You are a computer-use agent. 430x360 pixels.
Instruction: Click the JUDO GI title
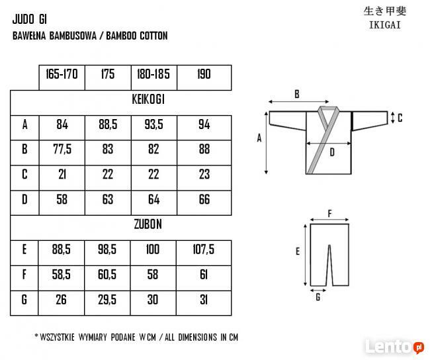[x=30, y=19]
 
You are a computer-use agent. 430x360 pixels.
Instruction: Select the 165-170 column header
[x=62, y=74]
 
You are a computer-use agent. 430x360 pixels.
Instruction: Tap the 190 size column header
[x=204, y=74]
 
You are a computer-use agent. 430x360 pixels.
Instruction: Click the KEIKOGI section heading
[x=148, y=99]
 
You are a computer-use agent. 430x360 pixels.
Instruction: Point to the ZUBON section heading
[x=148, y=224]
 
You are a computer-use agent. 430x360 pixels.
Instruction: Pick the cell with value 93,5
[x=154, y=124]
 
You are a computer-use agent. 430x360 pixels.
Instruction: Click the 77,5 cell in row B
[x=62, y=150]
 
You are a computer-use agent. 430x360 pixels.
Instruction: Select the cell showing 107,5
[x=203, y=249]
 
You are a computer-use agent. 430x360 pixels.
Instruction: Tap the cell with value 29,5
[x=107, y=299]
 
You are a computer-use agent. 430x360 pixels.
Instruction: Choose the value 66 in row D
[x=204, y=199]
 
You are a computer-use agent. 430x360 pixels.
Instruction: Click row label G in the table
[x=24, y=299]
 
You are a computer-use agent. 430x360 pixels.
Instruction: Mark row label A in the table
[x=24, y=124]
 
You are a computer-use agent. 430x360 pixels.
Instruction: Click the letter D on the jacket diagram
[x=332, y=152]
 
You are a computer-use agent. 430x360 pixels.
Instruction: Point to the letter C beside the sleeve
[x=400, y=118]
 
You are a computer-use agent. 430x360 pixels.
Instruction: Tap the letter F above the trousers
[x=330, y=214]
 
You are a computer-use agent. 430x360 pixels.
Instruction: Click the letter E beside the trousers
[x=298, y=251]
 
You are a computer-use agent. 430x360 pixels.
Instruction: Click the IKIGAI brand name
[x=385, y=25]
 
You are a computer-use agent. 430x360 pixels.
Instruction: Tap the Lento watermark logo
[x=394, y=346]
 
